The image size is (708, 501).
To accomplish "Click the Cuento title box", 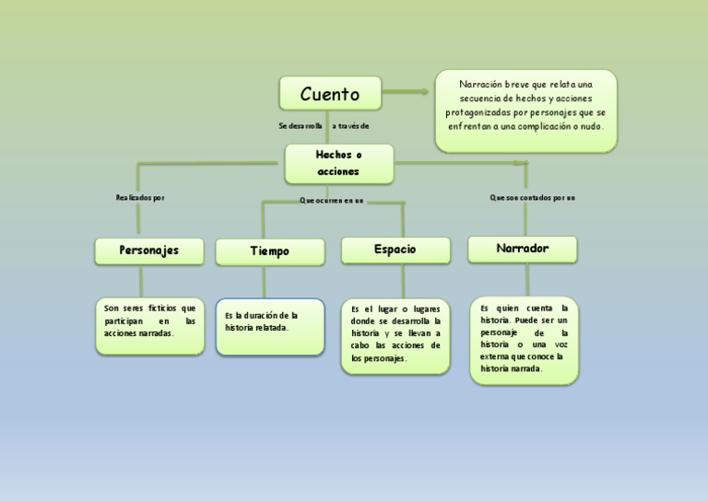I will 330,93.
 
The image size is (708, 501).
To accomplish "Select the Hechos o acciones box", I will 338,163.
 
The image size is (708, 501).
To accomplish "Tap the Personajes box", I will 148,250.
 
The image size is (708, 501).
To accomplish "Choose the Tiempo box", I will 269,251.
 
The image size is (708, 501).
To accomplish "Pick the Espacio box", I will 395,250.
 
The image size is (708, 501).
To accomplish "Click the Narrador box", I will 522,249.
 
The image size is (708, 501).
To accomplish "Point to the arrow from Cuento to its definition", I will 406,91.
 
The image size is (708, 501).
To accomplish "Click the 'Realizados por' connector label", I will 140,197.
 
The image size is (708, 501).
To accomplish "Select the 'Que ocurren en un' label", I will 332,200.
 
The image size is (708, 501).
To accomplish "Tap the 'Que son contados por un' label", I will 532,197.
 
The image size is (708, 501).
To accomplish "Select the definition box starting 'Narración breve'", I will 525,111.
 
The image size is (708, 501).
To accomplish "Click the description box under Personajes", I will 149,325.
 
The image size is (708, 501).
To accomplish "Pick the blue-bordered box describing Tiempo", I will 270,326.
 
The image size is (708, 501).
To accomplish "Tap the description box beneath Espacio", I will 395,334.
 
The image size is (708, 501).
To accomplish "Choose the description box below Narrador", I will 524,339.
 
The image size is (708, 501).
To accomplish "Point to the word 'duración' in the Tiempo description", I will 265,315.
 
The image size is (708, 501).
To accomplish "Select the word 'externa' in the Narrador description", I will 494,355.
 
